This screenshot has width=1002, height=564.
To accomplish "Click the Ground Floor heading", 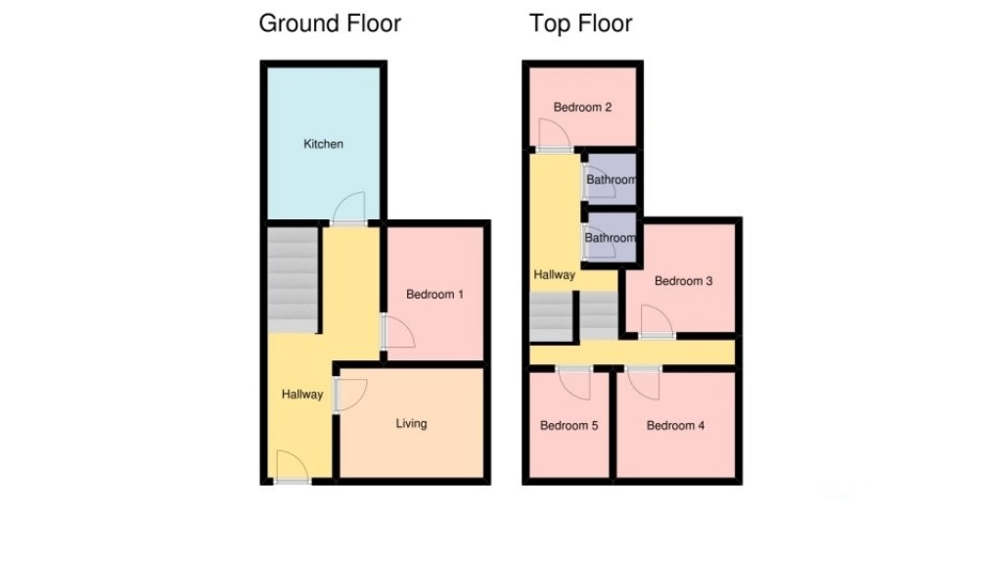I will click(330, 23).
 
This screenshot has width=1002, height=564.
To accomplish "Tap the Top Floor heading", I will click(581, 23).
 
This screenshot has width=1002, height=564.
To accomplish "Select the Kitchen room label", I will click(324, 144).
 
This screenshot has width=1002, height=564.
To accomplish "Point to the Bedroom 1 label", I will click(435, 294).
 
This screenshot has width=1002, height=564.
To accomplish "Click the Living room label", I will click(411, 424).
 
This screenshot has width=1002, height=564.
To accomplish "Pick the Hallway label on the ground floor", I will click(302, 395).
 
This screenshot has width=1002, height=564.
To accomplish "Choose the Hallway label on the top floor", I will click(554, 275).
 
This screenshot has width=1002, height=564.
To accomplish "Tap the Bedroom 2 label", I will click(582, 107).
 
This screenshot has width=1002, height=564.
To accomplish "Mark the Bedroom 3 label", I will click(683, 281).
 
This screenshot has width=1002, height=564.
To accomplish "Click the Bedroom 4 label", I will click(675, 425).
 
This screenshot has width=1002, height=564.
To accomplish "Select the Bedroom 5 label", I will click(569, 425).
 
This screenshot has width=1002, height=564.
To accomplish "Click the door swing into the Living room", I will click(349, 395).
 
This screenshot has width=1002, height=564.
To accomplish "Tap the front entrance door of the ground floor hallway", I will click(291, 466).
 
